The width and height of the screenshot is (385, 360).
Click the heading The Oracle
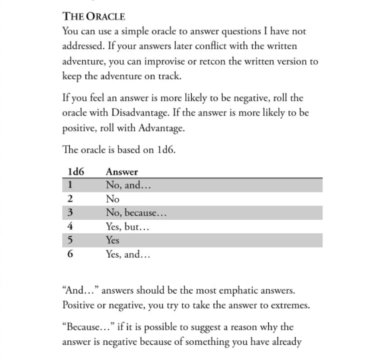pos(94,16)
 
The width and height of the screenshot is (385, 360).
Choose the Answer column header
pos(122,172)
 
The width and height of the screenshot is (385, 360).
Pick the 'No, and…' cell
pos(128,185)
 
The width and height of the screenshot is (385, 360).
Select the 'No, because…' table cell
pos(136,213)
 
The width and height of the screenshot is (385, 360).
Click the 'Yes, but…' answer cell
pos(128,227)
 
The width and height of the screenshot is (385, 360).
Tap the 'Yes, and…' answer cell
pos(128,254)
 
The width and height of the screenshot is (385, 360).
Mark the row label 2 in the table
pos(70,199)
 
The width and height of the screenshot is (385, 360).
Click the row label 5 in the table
pos(70,240)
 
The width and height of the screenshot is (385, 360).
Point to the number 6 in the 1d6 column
pos(70,254)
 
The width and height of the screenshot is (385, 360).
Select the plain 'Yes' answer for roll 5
pos(113,240)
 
